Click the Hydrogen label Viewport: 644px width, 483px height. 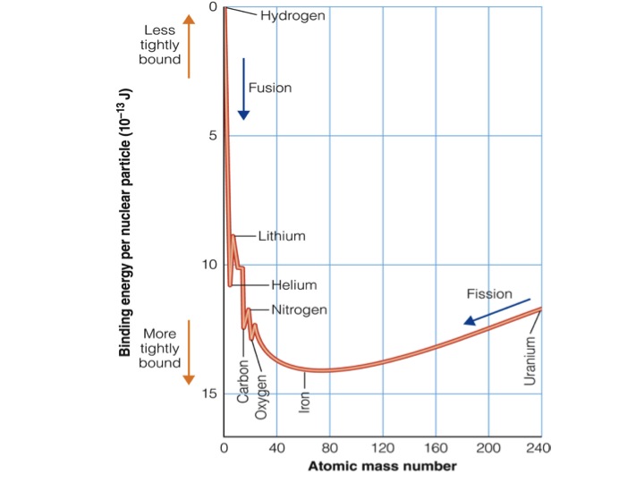click(292, 15)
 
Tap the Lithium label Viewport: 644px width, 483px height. click(282, 236)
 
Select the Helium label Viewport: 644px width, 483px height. click(294, 285)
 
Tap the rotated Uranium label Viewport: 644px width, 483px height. click(530, 361)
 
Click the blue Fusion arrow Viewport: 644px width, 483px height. click(243, 89)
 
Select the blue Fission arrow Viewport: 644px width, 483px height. click(496, 311)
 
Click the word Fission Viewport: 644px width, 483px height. click(488, 292)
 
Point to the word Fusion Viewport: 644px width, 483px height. click(270, 89)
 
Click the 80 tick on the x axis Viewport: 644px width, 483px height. click(329, 447)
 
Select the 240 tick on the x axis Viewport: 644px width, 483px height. click(539, 447)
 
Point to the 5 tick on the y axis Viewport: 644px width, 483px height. click(212, 136)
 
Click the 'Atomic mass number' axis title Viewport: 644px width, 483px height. click(382, 466)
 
